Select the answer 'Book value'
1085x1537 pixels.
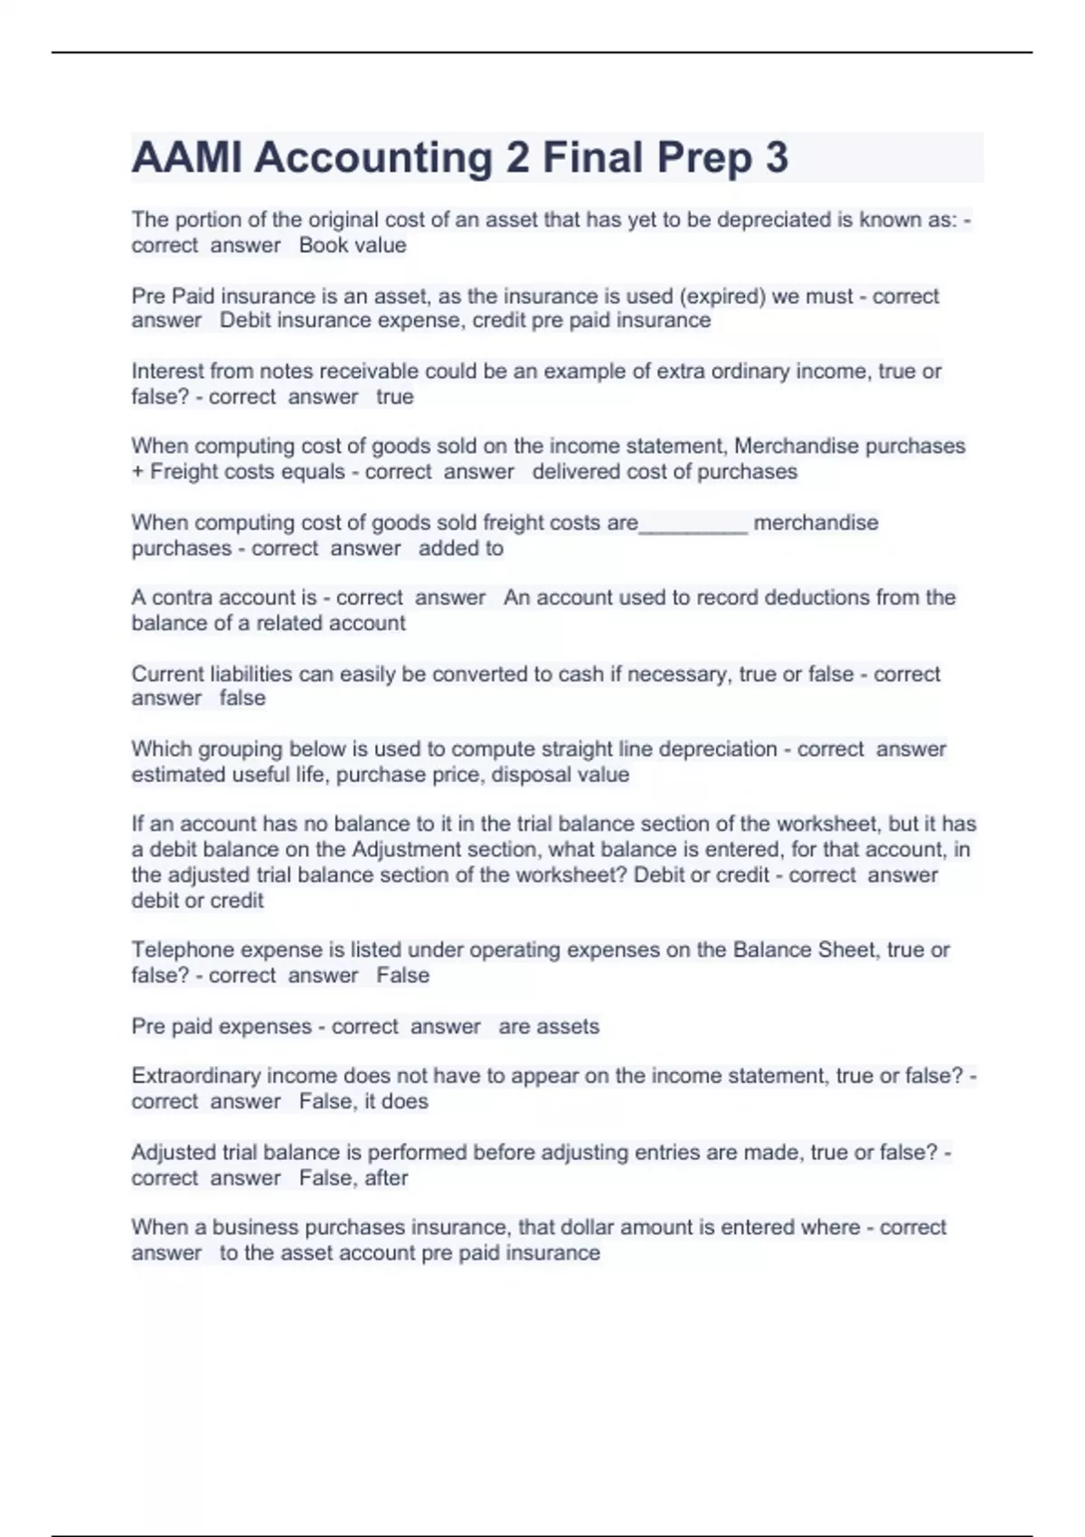pyautogui.click(x=353, y=245)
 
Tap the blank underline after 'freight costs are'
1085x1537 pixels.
pyautogui.click(x=693, y=525)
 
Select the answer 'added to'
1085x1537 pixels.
pyautogui.click(x=460, y=548)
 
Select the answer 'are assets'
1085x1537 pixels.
pyautogui.click(x=548, y=1027)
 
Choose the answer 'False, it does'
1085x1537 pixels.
pyautogui.click(x=363, y=1101)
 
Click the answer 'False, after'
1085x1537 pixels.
pyautogui.click(x=354, y=1178)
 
